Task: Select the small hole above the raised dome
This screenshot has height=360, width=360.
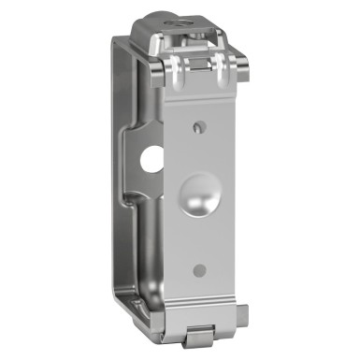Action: click(x=196, y=123)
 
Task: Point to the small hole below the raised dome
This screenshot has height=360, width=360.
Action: click(x=198, y=270)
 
